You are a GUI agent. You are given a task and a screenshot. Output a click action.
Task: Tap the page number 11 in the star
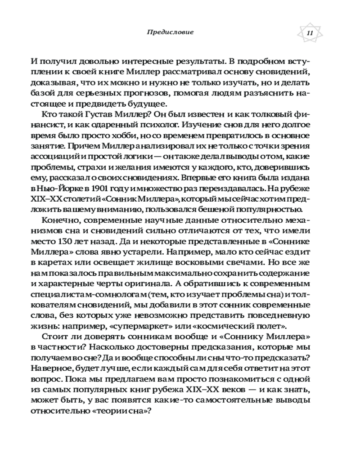(310, 33)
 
